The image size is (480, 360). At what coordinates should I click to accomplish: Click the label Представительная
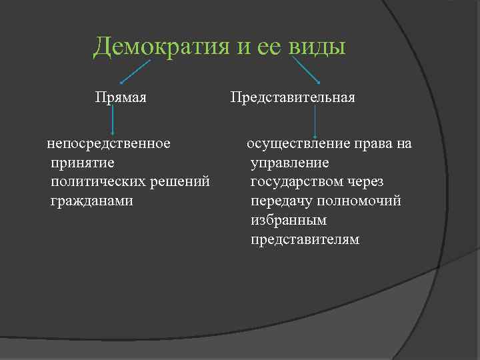click(x=293, y=98)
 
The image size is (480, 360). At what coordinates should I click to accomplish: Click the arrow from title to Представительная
click(x=306, y=70)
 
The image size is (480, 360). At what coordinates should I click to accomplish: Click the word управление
click(x=290, y=162)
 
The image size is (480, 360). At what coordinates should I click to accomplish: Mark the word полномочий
click(x=361, y=201)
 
